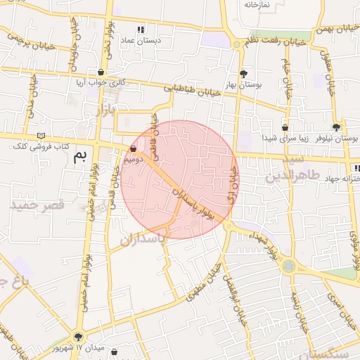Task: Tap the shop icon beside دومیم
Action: pos(134,149)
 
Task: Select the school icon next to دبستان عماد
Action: pos(141,30)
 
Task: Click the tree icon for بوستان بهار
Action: pos(244,74)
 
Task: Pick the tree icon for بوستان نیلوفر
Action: pos(336,127)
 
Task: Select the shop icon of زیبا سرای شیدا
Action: pos(285,128)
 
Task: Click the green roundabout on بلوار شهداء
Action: pos(288,266)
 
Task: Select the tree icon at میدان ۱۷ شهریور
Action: pos(77,337)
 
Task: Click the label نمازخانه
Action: pos(257,5)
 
